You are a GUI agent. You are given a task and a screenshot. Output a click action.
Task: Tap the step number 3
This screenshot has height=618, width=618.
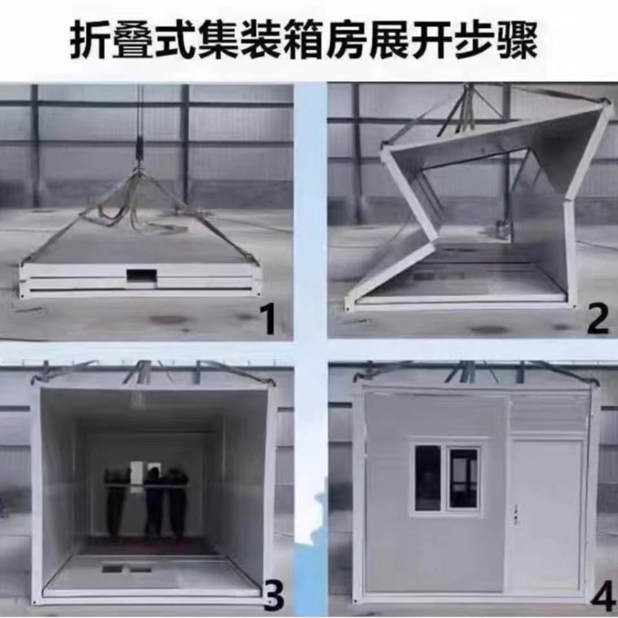click(x=273, y=597)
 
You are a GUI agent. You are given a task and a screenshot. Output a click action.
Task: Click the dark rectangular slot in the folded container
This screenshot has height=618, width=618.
click(x=142, y=276)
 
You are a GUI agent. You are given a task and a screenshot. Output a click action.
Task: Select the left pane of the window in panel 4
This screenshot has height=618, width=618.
click(x=427, y=478)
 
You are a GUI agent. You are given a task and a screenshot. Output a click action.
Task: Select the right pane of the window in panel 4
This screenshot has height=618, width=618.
click(x=464, y=478)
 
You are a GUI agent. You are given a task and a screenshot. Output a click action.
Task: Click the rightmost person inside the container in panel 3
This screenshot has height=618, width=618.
click(x=178, y=503)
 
